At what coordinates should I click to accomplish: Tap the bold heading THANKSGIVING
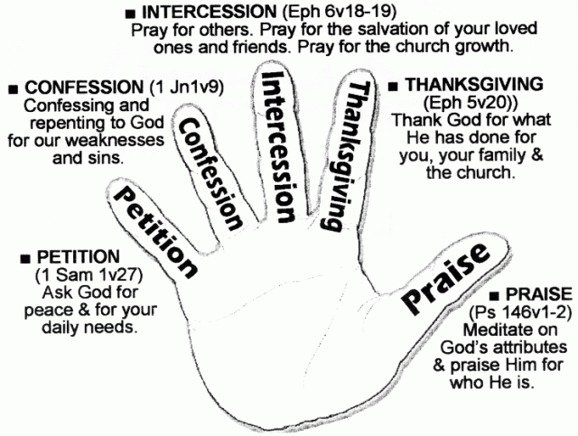coord(466,84)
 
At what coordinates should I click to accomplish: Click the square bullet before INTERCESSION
coord(133,14)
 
